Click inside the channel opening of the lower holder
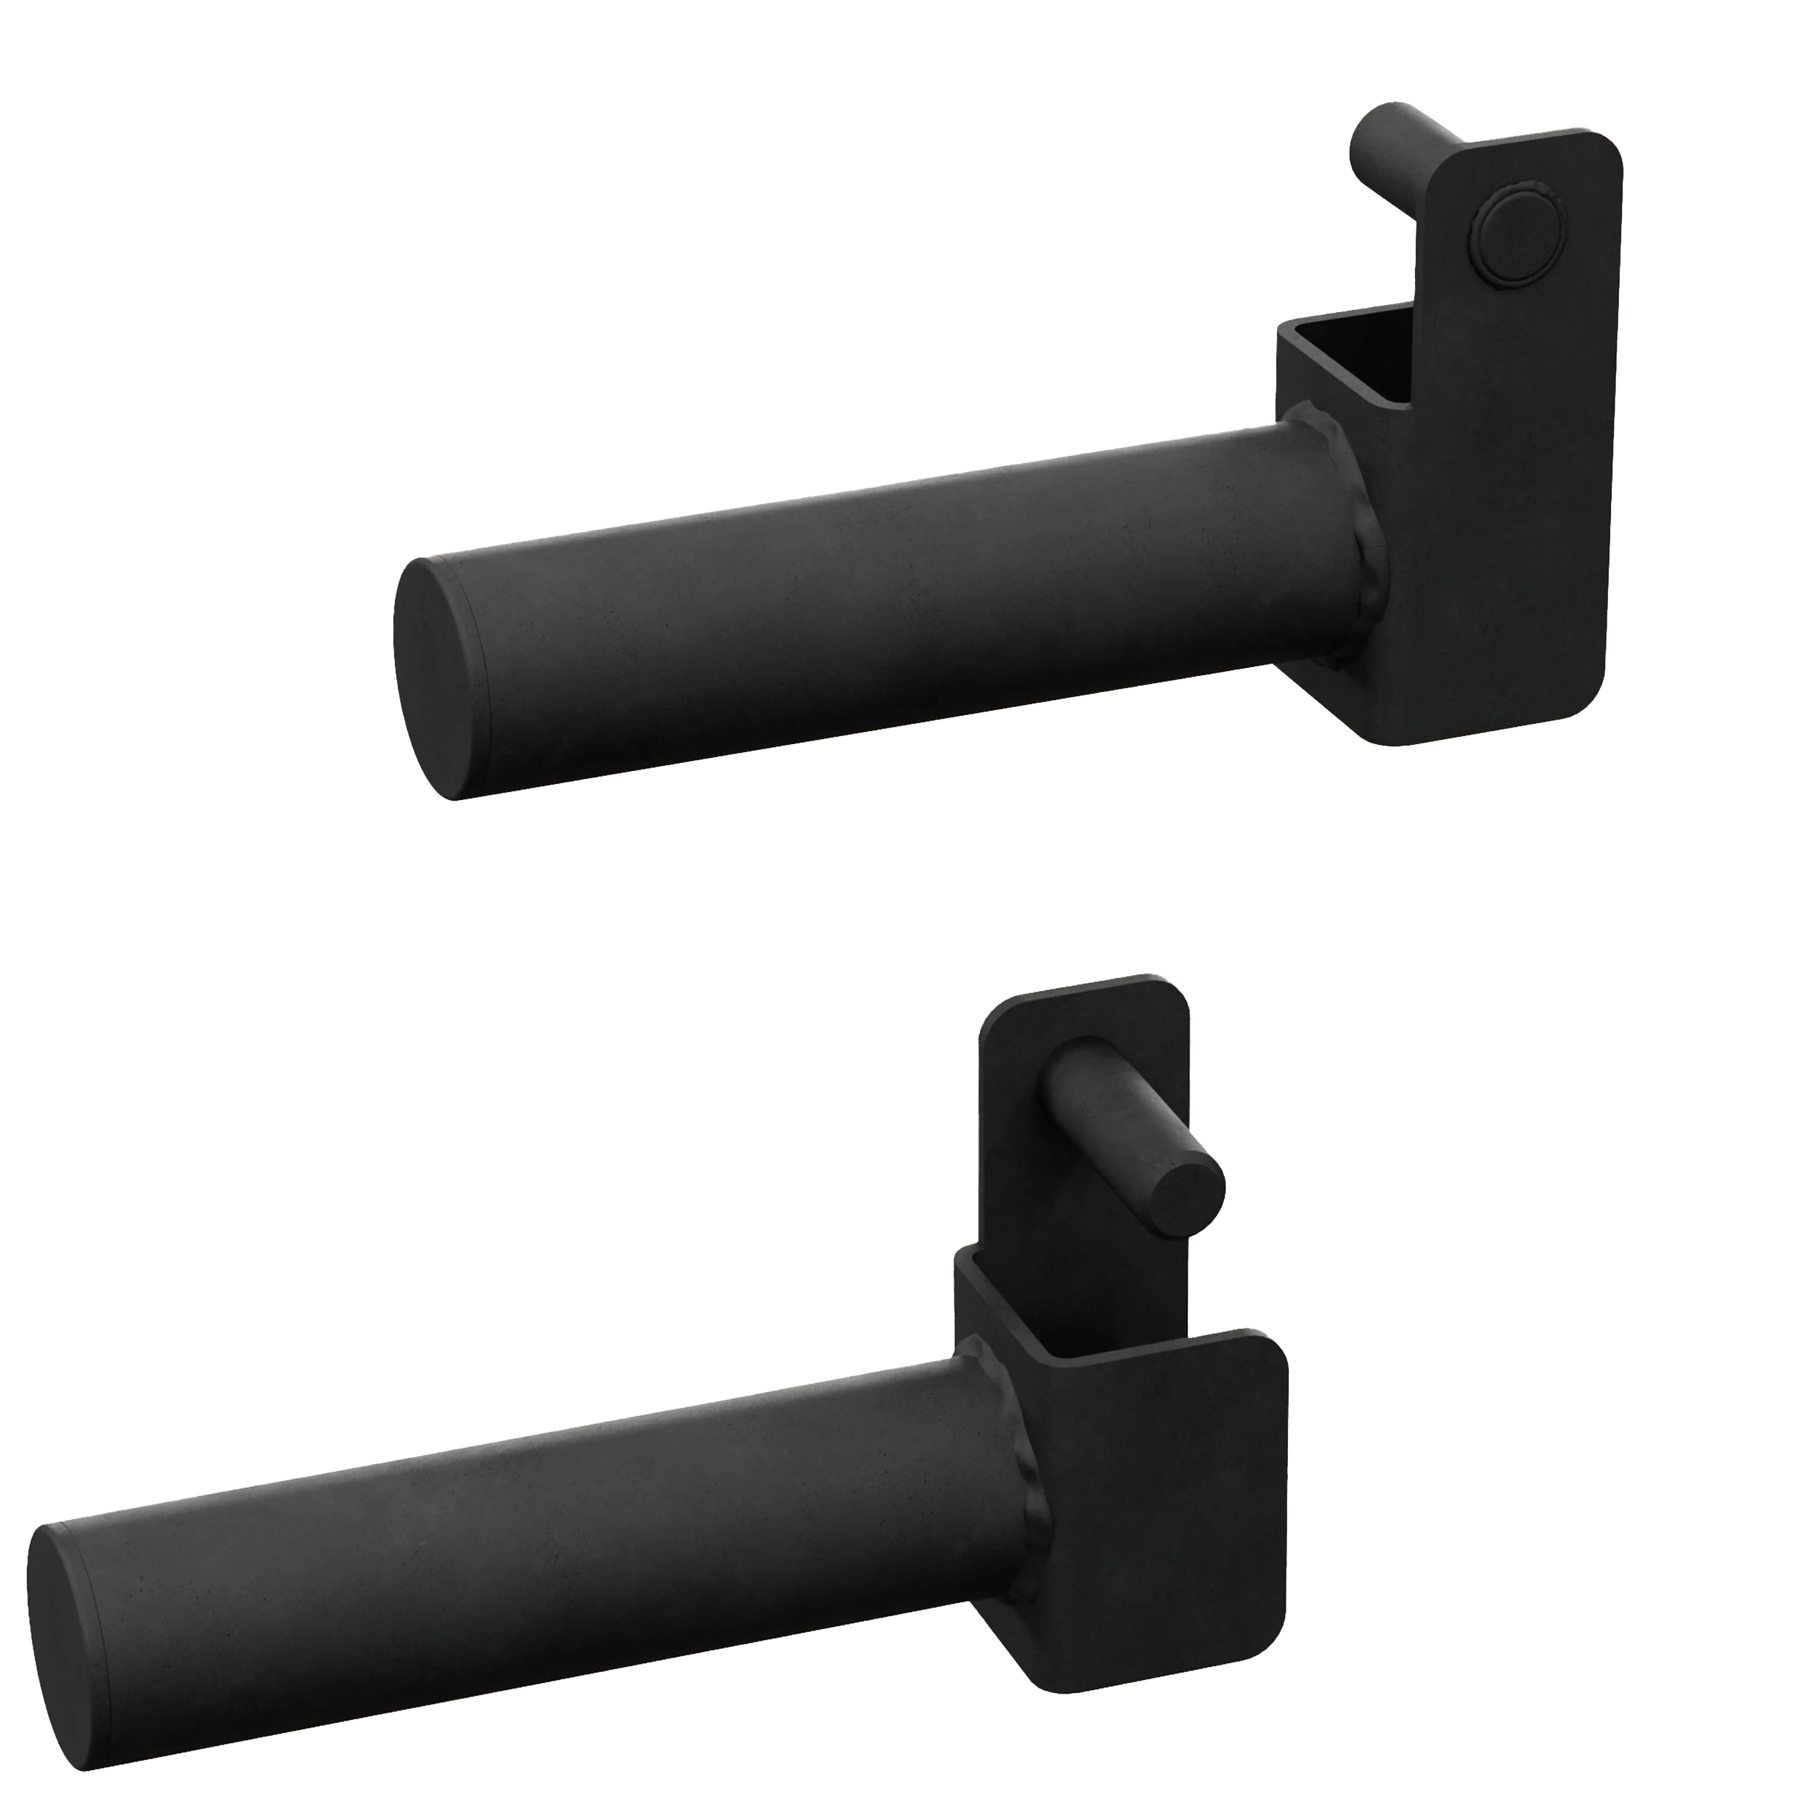coord(1033,1306)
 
